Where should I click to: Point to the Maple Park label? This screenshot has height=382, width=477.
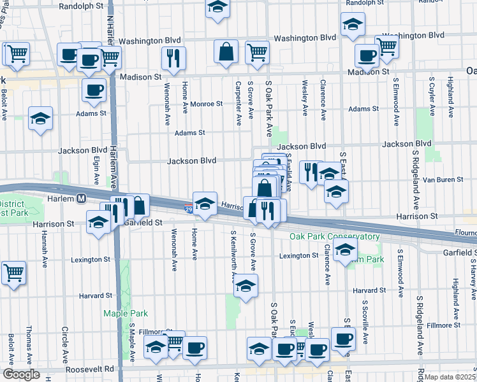point(122,313)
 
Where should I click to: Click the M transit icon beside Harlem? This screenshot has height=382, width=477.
point(82,198)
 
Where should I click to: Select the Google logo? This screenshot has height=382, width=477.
point(21,374)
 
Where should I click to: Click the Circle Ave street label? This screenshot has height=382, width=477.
point(64,343)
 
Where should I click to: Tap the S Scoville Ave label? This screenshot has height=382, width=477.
point(365,322)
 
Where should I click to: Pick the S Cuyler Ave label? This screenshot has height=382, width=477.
point(432,97)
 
